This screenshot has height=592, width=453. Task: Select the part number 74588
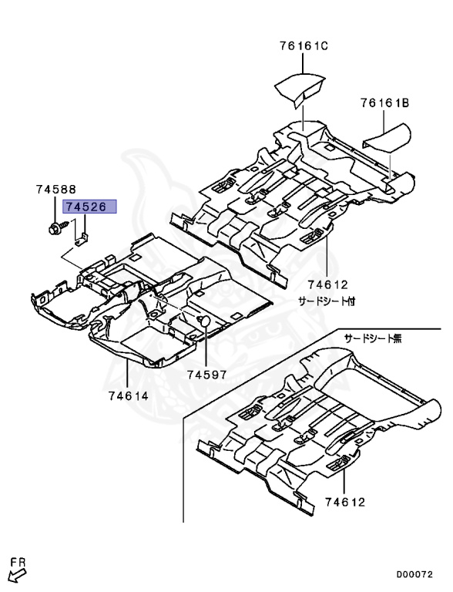(56, 189)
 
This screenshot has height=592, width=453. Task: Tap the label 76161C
(304, 46)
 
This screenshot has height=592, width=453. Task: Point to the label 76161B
(384, 103)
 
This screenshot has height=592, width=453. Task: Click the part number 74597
(207, 375)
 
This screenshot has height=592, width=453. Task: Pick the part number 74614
(129, 395)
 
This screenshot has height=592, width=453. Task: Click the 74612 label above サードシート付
(327, 284)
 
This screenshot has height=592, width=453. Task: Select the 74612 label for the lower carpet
(345, 502)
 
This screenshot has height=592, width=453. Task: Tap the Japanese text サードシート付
(327, 301)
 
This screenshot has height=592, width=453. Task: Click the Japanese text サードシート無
(373, 338)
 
